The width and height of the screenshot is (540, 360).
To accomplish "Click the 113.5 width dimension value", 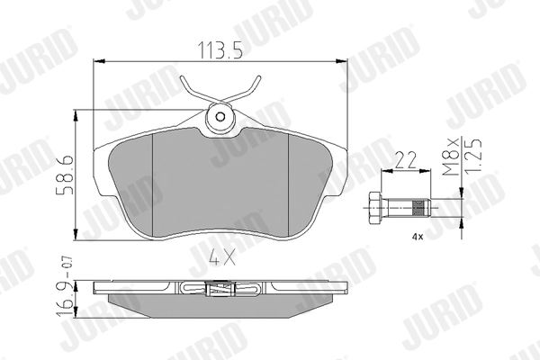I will click(x=220, y=50).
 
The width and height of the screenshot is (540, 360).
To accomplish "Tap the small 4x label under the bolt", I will click(x=417, y=237).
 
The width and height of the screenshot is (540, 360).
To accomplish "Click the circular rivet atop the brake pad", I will click(x=220, y=116).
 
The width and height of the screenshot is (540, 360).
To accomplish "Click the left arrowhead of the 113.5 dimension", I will click(x=98, y=61).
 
